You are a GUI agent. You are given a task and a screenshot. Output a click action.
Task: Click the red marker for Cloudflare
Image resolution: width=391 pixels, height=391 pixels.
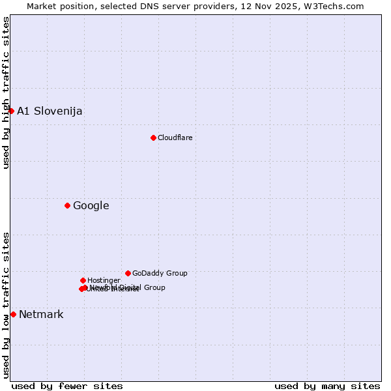click(x=153, y=138)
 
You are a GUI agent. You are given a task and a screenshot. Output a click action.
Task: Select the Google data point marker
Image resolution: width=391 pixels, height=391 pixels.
click(x=67, y=206)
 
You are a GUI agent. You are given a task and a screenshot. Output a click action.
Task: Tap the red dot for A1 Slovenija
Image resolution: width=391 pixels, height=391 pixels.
click(x=11, y=111)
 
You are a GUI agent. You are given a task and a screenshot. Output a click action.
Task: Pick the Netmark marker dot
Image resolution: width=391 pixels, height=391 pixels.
click(x=13, y=314)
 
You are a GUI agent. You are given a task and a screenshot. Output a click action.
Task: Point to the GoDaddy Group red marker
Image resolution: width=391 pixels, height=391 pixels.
click(x=128, y=273)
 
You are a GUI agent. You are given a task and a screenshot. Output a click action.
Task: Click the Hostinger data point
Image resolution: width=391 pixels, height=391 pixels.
click(x=83, y=280)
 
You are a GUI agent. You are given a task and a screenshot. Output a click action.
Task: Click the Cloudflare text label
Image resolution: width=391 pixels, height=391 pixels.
click(x=175, y=138)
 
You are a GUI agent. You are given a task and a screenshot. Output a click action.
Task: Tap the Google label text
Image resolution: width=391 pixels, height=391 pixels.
click(x=91, y=206)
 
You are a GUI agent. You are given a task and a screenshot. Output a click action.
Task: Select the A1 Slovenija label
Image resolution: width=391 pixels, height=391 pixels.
click(x=50, y=111)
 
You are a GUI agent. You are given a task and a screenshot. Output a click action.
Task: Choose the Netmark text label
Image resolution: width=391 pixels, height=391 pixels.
click(x=41, y=315)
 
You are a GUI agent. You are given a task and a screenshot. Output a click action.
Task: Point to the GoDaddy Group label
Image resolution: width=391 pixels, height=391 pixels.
click(x=160, y=273)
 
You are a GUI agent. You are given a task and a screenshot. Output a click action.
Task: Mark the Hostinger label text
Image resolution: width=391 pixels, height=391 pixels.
click(x=104, y=280)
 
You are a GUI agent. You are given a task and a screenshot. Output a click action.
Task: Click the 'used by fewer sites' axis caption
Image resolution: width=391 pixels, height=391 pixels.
click(x=67, y=386)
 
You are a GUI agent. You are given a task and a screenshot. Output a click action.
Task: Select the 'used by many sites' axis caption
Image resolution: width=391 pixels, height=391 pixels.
click(x=327, y=386)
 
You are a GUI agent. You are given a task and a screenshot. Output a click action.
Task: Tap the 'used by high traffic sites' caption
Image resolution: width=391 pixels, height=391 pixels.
click(x=6, y=93)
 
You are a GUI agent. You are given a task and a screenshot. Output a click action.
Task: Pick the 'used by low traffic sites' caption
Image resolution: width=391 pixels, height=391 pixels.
click(x=6, y=305)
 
